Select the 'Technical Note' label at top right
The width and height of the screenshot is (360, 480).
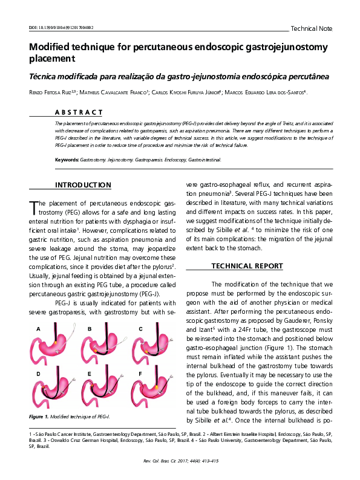tap(312, 28)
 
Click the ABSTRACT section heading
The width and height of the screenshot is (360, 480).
tap(79, 112)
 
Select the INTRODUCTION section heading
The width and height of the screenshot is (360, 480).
tap(83, 185)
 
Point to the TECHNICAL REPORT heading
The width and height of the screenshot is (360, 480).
tap(246, 266)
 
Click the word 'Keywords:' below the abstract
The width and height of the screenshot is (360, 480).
tap(67, 160)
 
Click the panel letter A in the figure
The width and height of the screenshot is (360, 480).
tap(38, 329)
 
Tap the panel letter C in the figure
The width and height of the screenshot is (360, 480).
tap(140, 329)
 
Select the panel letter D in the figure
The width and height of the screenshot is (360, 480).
tap(38, 374)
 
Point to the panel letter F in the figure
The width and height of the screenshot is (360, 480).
tap(140, 374)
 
